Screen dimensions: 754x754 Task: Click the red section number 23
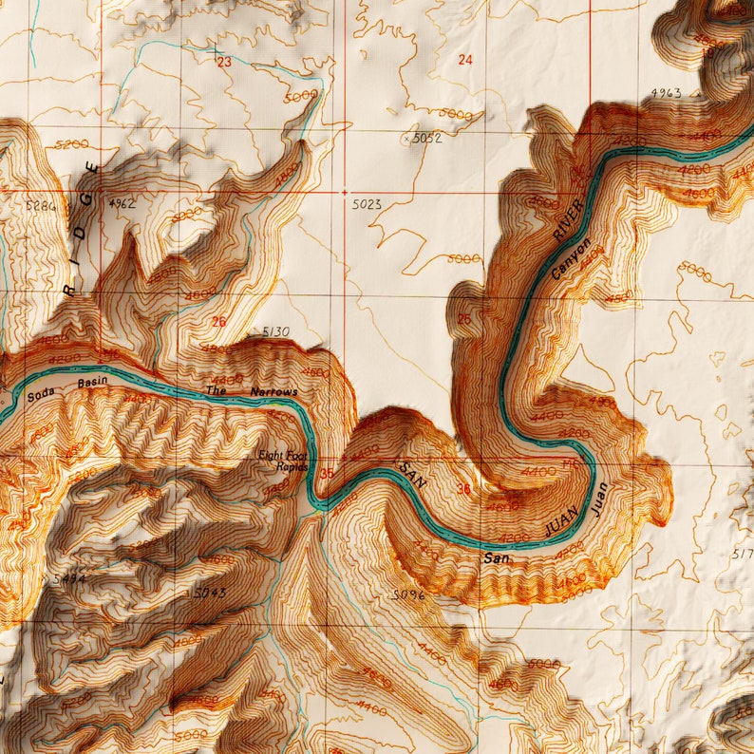point(224,63)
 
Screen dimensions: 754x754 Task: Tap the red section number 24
point(464,60)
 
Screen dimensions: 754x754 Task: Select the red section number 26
point(219,322)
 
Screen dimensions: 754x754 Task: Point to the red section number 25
point(463,318)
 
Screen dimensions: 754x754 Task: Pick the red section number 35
point(328,474)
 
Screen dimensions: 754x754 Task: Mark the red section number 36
point(464,489)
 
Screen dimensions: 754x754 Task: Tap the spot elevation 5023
point(366,204)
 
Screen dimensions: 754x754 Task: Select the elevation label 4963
point(667,92)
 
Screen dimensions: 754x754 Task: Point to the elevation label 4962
point(123,203)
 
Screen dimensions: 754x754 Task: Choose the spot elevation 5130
point(274,331)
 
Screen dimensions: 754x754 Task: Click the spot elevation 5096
point(407,595)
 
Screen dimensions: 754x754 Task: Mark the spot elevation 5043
point(210,594)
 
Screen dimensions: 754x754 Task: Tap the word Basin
point(93,383)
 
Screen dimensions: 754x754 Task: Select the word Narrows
point(273,391)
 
